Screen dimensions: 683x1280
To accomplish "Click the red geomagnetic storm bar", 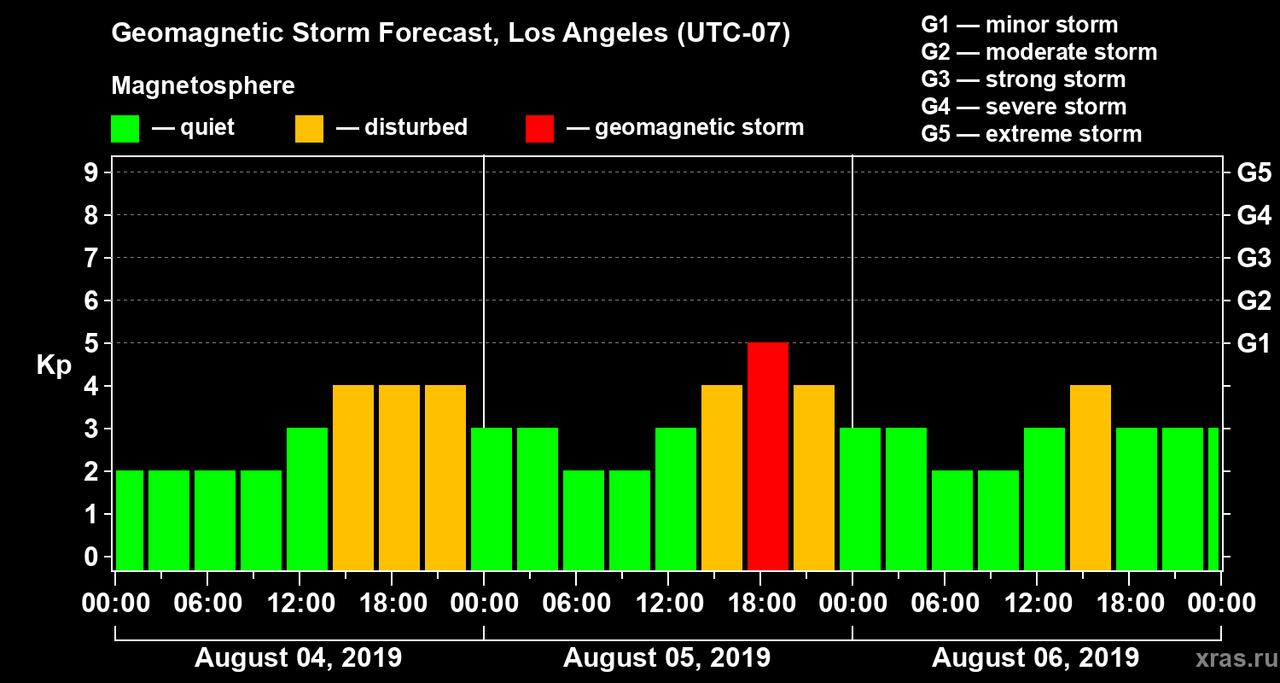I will tap(767, 457).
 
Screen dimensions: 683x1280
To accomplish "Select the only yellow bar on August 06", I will tap(1090, 478).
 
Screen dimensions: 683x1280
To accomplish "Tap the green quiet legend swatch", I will tap(125, 128).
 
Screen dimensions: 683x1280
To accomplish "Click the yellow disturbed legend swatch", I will tap(309, 128).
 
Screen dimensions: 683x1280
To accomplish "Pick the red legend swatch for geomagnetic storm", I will tap(539, 128).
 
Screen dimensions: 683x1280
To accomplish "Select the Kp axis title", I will tap(54, 365).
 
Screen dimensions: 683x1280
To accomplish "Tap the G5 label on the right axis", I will tap(1254, 173).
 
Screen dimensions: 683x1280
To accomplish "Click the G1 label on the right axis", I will tap(1254, 344).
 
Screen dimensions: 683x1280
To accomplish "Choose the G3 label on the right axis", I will tap(1254, 259).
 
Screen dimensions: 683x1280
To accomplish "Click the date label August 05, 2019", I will tap(666, 658).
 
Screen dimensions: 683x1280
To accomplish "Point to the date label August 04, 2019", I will tap(298, 658).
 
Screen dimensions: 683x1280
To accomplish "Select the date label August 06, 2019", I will tap(1034, 658).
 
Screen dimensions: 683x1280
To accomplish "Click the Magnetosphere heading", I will tap(203, 86).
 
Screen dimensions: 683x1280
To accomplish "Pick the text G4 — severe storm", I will tap(1023, 107).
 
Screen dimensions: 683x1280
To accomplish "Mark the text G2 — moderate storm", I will tap(1039, 52).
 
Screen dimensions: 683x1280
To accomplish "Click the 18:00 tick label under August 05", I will tap(765, 604).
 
